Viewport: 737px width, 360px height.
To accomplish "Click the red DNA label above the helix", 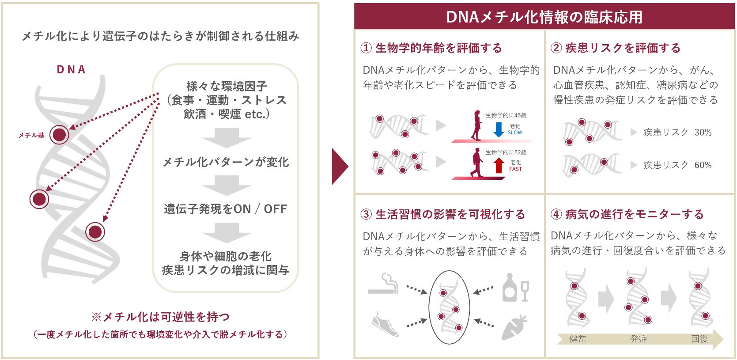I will (71, 70).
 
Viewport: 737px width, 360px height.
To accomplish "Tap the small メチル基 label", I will (31, 135).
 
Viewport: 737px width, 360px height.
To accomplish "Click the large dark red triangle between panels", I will (340, 167).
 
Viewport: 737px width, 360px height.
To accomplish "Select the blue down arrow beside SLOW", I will (499, 129).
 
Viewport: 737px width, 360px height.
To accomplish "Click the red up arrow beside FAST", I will (499, 165).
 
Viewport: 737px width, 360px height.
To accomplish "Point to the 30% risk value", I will (703, 133).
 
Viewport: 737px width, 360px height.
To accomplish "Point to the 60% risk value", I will (703, 165).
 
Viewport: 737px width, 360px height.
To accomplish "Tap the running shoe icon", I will (385, 325).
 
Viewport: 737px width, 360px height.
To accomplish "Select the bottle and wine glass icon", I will (515, 288).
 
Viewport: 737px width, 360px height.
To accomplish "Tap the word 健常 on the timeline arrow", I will (578, 339).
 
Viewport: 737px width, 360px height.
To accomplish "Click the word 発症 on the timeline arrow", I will (639, 339).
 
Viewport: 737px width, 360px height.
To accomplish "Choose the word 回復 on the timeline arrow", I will (699, 339).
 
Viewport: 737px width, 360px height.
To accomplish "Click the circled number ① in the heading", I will (366, 48).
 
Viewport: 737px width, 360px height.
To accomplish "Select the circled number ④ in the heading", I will (556, 215).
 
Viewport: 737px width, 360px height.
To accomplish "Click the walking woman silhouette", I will (476, 125).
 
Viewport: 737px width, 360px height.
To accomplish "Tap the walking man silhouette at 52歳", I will (476, 163).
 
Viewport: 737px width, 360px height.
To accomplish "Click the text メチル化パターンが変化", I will (226, 162).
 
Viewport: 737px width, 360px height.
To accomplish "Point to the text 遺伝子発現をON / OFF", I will (226, 209).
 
